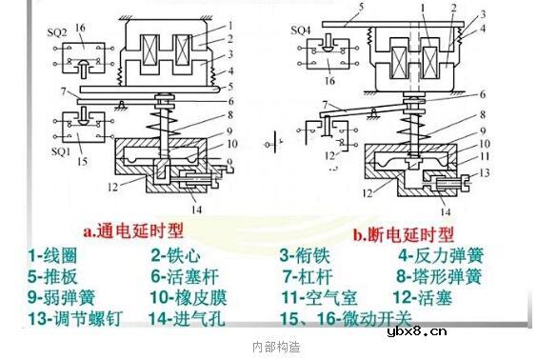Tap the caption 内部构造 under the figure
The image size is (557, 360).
point(277,347)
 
